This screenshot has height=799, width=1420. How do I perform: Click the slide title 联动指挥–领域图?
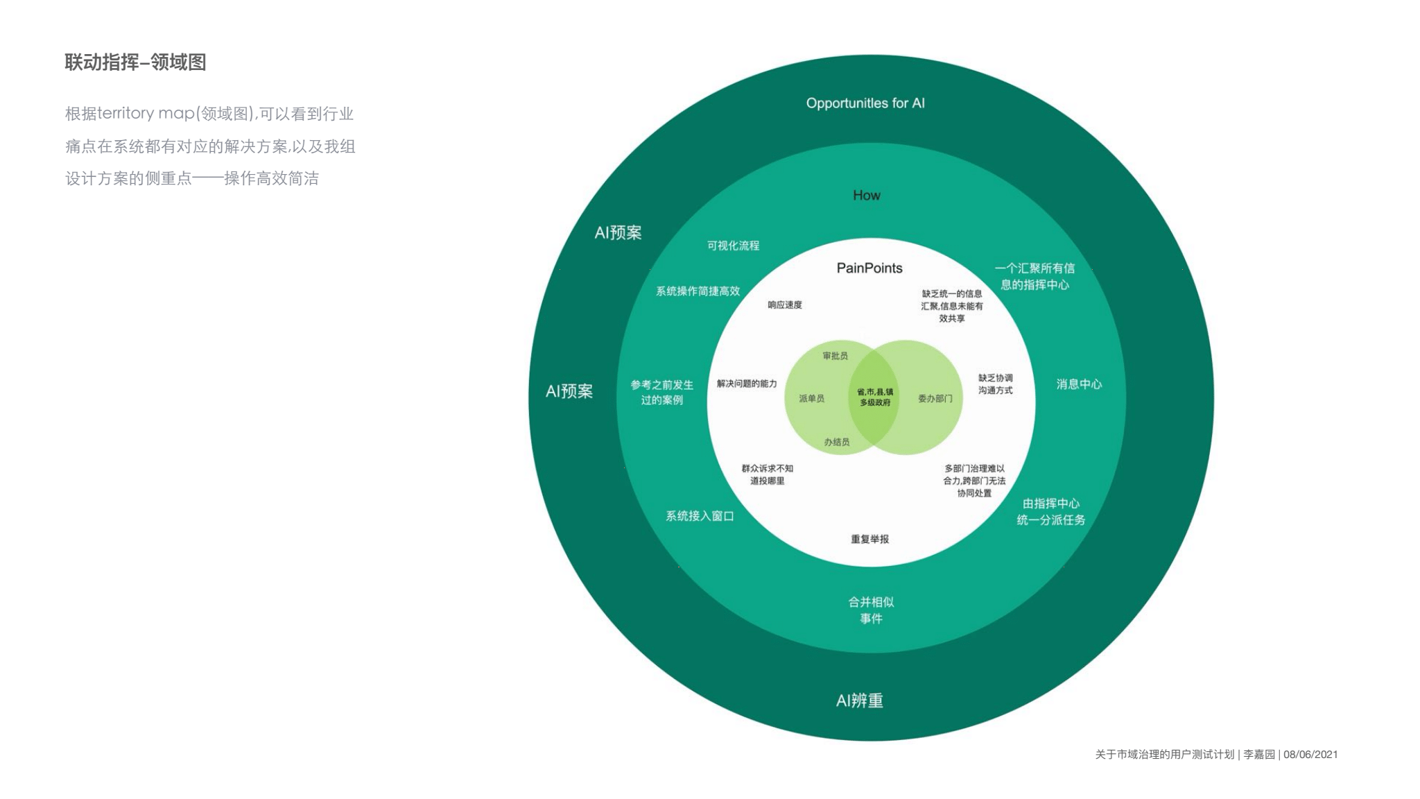135,62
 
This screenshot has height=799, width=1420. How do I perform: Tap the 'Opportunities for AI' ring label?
865,103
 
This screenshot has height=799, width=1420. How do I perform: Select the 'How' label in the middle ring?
866,196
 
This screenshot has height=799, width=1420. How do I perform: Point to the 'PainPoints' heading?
869,268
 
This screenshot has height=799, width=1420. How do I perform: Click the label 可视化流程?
733,246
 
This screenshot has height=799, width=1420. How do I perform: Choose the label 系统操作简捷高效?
698,291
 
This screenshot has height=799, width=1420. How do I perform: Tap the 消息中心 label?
1078,384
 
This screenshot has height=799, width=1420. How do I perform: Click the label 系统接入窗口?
699,516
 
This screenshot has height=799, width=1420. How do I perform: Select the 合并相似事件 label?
871,610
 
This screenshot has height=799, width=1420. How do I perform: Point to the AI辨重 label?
859,701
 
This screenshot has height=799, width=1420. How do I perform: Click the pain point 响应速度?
784,305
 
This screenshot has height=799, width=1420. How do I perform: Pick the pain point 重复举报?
869,539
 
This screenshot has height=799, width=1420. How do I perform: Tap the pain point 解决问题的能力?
747,384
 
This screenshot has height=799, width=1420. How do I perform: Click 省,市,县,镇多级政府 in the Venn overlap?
874,397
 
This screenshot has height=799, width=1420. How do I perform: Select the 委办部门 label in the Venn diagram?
935,399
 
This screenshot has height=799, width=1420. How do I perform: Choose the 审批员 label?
835,356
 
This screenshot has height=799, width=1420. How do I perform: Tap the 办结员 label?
836,442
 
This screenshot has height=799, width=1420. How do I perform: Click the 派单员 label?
811,399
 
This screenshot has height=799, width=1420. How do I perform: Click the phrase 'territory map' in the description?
145,114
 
